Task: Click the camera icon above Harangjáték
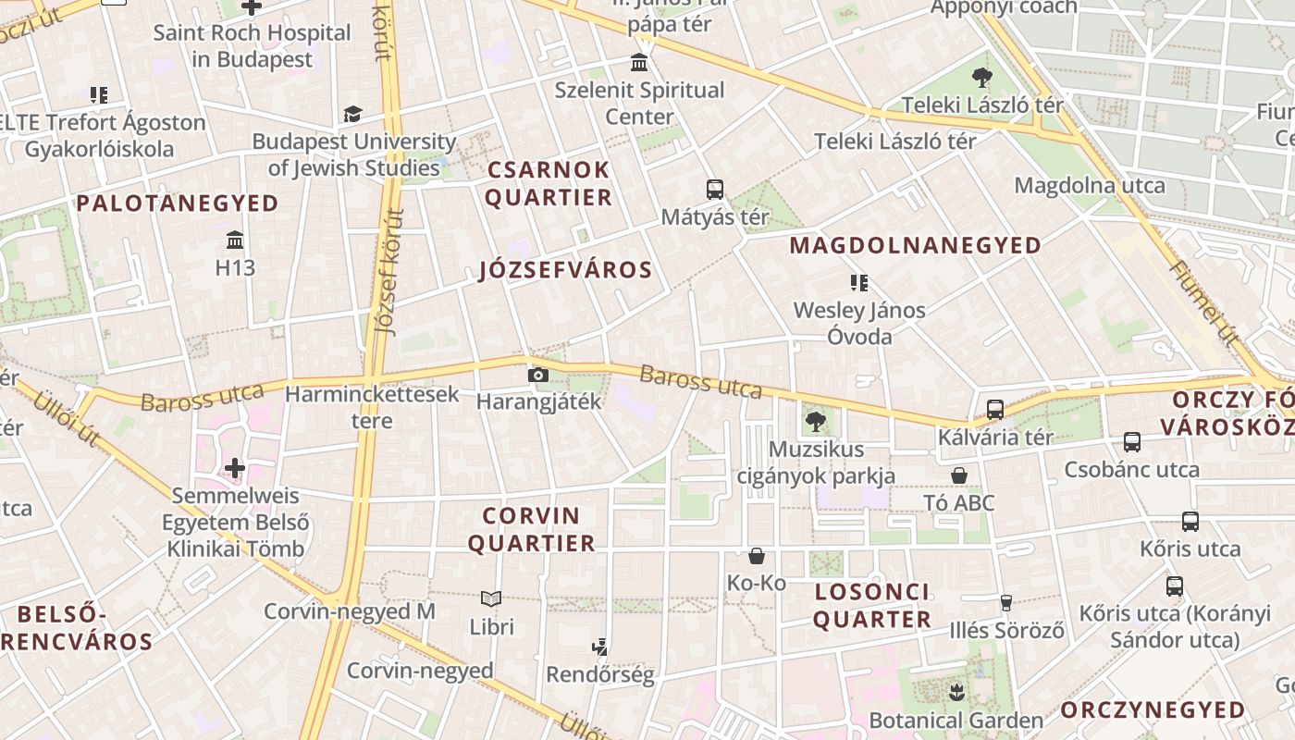coord(537,375)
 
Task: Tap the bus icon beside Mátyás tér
coord(714,190)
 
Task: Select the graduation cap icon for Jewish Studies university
coord(352,114)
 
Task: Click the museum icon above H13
coord(235,240)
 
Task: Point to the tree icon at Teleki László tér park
coord(981,78)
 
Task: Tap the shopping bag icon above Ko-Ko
coord(757,555)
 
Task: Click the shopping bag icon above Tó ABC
coord(959,475)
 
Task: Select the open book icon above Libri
coord(491,598)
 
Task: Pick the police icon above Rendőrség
coord(599,647)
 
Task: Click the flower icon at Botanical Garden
coord(956,692)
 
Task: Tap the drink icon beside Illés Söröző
coord(1006,603)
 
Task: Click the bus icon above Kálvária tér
coord(995,409)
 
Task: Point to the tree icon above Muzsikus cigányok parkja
coord(815,422)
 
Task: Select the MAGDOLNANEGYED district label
coord(916,246)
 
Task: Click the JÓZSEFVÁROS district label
coord(566,271)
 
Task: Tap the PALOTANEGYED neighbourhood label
coord(178,203)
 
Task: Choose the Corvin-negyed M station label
coord(350,611)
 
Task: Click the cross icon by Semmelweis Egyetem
coord(235,468)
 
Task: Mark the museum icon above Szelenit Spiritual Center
coord(638,63)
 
